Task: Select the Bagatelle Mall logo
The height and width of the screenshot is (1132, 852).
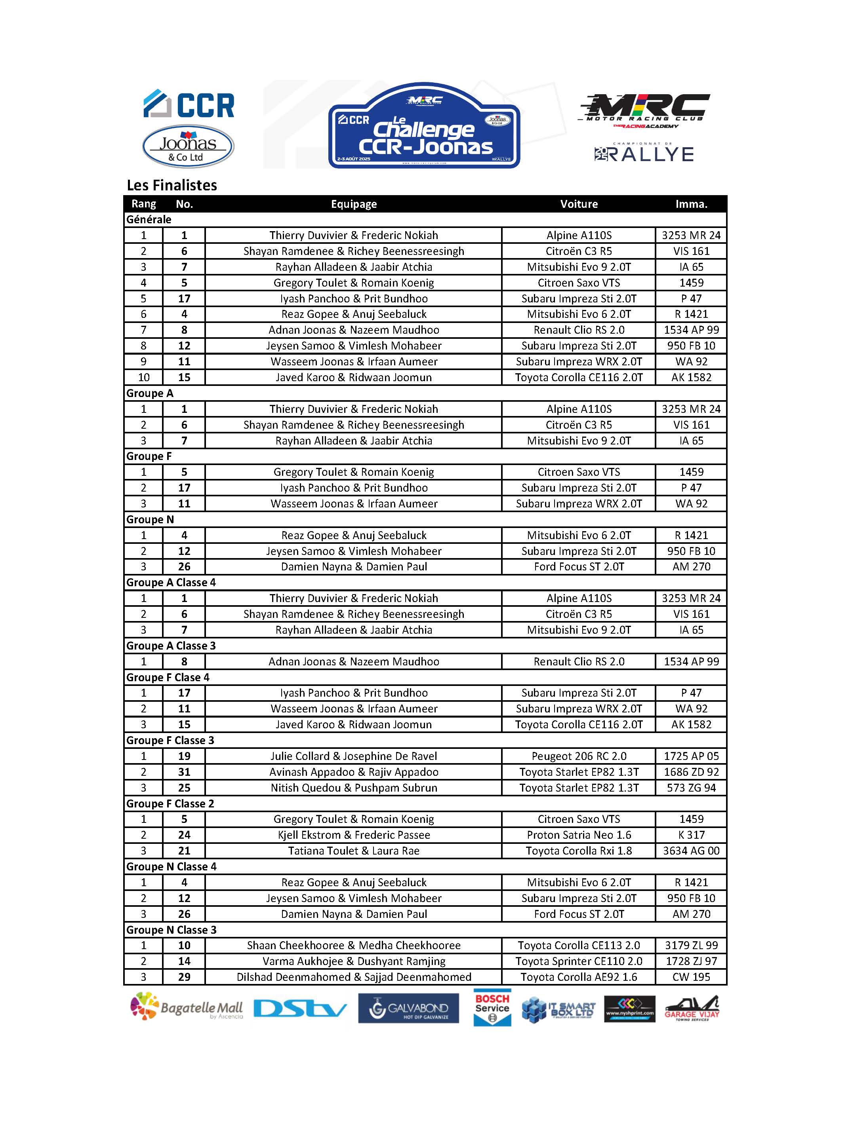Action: coord(187,1007)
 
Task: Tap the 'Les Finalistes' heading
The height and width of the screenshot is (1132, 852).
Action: coord(172,185)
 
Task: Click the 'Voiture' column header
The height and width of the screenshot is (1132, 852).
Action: coord(579,204)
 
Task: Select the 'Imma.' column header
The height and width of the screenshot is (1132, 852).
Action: coord(691,204)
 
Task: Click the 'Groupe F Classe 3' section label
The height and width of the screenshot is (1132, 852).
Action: coord(170,741)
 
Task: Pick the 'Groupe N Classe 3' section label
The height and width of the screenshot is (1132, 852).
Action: coord(172,930)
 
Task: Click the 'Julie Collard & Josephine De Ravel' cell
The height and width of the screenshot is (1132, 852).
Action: coord(353,756)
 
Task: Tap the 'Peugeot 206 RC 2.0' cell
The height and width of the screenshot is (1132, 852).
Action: coord(579,756)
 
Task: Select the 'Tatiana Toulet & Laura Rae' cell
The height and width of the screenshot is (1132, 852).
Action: coord(353,851)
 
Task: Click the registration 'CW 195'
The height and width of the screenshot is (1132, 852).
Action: coord(691,977)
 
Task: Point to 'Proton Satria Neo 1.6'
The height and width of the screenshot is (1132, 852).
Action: coord(579,835)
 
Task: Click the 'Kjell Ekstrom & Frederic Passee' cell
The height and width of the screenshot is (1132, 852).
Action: coord(353,835)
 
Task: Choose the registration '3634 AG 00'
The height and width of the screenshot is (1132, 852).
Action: coord(691,851)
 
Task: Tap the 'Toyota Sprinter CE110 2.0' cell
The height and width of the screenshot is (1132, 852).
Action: coord(579,961)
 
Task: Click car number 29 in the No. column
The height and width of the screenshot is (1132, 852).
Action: coord(184,977)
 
